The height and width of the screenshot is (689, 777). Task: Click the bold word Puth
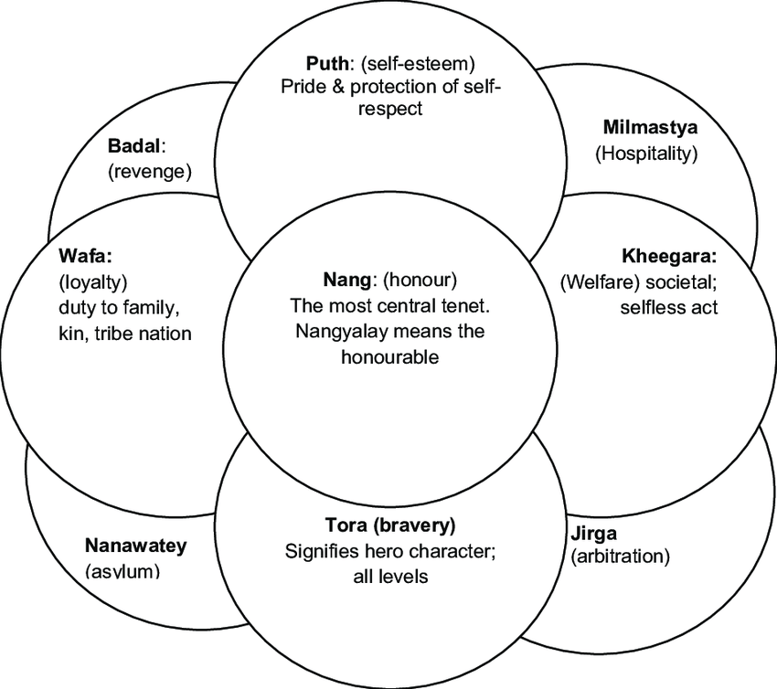(325, 66)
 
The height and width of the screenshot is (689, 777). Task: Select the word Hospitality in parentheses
(646, 154)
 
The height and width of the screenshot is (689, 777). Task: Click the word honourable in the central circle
(389, 356)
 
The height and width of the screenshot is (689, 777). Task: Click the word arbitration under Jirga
(621, 556)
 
